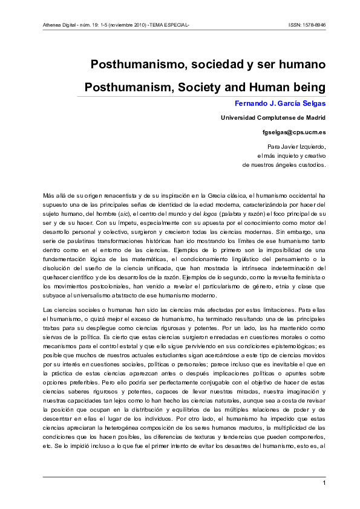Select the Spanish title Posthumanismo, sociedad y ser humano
point(208,63)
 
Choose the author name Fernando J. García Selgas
point(280,103)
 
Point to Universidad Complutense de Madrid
point(273,117)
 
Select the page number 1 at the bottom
point(324,483)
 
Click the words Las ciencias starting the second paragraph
point(59,310)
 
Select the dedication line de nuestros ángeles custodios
point(284,164)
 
